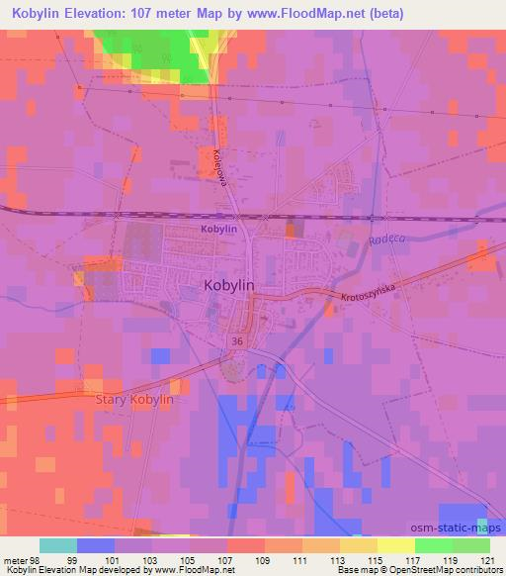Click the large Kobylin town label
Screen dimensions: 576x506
click(x=228, y=285)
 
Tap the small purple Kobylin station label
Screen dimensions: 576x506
click(x=218, y=230)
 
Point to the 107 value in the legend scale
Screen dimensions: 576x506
click(x=246, y=560)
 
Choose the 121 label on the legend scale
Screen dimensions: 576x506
click(x=489, y=560)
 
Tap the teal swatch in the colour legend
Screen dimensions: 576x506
click(x=58, y=545)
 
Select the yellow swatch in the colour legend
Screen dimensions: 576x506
click(x=359, y=545)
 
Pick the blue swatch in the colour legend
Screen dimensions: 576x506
click(x=96, y=545)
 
